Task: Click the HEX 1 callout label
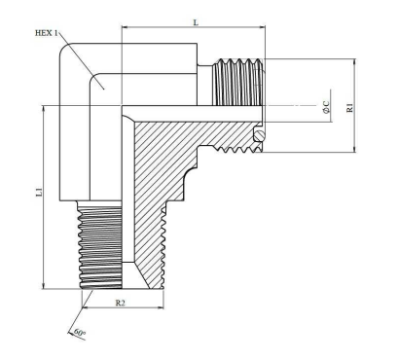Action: [x=46, y=33]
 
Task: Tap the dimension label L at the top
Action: [x=196, y=22]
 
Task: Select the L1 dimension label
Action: [x=39, y=192]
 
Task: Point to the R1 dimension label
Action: [x=349, y=108]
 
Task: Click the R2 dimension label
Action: [x=121, y=303]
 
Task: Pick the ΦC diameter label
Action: [x=326, y=107]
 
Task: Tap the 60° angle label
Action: [x=80, y=333]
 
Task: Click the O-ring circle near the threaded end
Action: [x=259, y=136]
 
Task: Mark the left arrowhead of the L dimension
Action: [x=125, y=27]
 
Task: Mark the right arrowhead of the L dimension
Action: [x=262, y=27]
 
